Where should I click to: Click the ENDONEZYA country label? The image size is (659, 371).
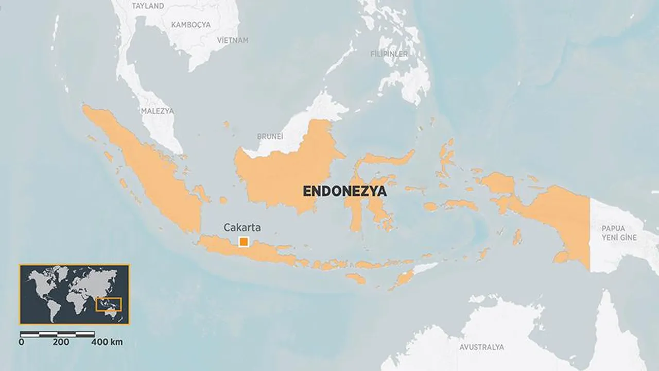coord(344,192)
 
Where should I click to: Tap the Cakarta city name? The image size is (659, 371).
coord(242,227)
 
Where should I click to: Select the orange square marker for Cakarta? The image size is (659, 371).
coord(244,242)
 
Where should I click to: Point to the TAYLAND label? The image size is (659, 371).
coord(148,6)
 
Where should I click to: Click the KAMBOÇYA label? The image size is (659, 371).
coord(192,25)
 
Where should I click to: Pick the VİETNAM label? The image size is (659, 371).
coord(232,40)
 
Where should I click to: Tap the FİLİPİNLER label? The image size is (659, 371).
coord(389,54)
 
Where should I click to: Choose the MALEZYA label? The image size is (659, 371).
coord(157,111)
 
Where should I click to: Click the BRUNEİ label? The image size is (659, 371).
coord(270,137)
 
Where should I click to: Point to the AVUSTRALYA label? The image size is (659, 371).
coord(481,347)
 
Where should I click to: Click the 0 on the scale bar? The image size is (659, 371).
coord(21,342)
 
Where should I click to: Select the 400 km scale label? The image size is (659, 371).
coord(107,342)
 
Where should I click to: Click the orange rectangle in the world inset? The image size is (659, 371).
coord(109,305)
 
